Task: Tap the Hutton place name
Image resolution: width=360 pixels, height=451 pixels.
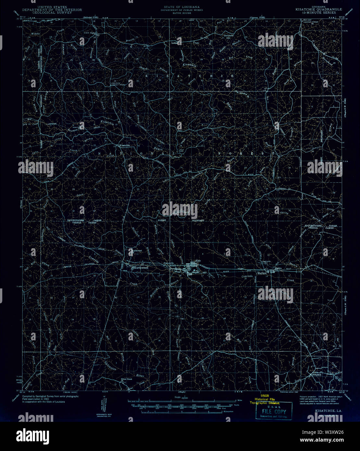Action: [x=262, y=274]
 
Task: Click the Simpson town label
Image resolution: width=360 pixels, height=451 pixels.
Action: [x=317, y=374]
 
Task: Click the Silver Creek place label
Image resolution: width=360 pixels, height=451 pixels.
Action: [x=127, y=379]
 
